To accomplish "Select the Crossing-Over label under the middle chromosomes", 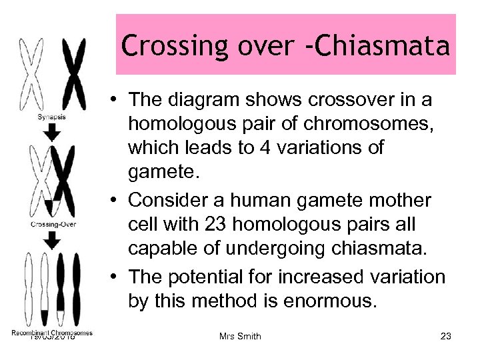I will pyautogui.click(x=53, y=225).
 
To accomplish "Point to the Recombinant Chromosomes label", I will pyautogui.click(x=52, y=333).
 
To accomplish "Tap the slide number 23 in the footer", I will pyautogui.click(x=446, y=336).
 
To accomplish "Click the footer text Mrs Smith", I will pyautogui.click(x=240, y=336).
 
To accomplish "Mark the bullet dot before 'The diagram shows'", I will pyautogui.click(x=116, y=100).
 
